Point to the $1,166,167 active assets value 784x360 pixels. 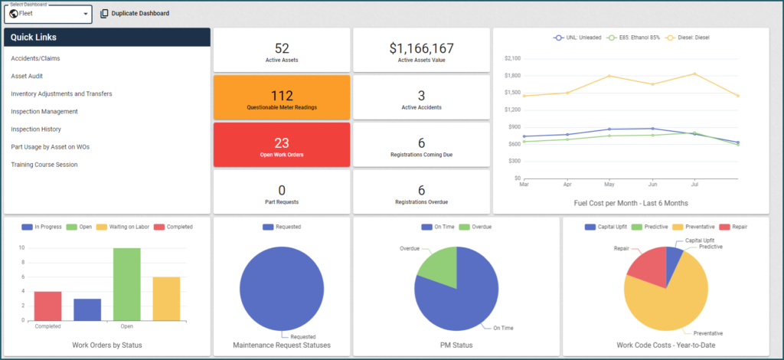421,49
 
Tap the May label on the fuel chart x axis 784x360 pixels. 609,185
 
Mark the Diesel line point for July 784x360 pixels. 694,74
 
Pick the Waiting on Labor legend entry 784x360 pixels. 122,227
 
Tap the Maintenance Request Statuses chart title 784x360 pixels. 282,345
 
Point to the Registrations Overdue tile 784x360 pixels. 421,193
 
